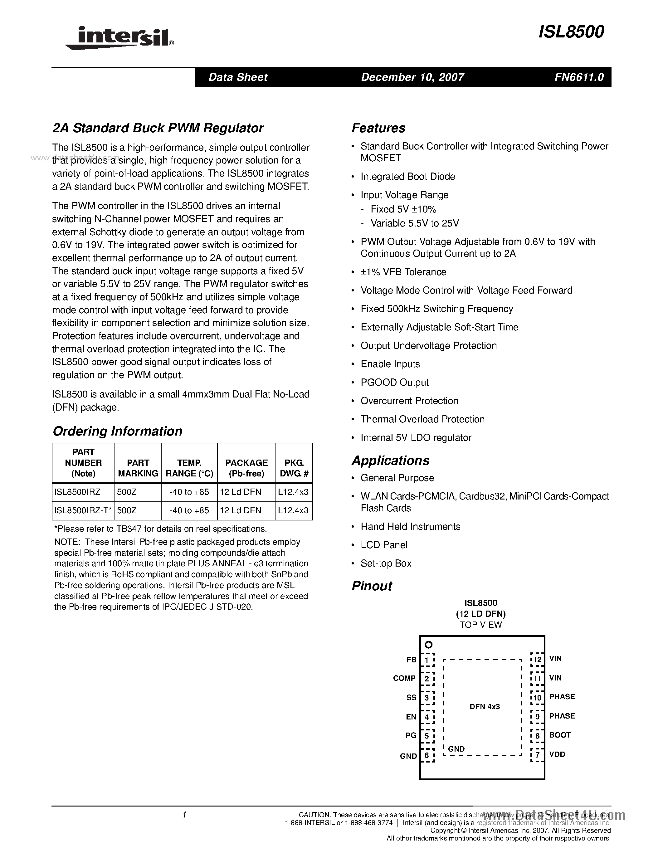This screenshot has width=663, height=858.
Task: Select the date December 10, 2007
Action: [x=412, y=77]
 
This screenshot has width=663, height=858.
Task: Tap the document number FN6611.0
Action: [x=579, y=77]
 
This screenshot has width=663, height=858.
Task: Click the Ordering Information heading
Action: [x=117, y=431]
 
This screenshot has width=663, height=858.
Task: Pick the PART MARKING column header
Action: [x=138, y=468]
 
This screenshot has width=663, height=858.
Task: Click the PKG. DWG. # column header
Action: [x=294, y=468]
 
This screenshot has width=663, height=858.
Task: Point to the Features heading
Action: [x=378, y=128]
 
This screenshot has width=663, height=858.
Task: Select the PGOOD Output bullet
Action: [x=394, y=382]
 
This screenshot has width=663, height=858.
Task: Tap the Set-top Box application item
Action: [x=386, y=563]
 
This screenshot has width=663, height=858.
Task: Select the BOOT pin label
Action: [x=560, y=735]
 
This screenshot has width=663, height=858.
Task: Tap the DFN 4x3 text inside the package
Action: [x=484, y=707]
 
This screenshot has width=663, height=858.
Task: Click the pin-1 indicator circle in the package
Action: [x=428, y=645]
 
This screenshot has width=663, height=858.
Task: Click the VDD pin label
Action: [x=557, y=754]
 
